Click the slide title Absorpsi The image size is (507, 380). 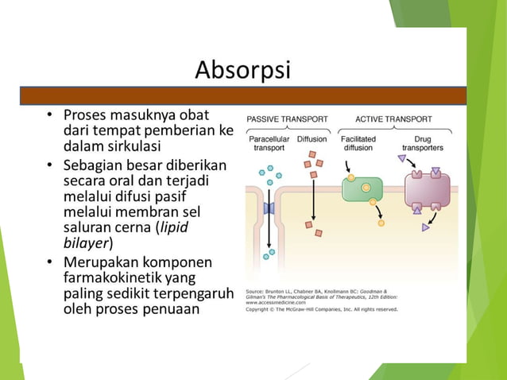pos(243,72)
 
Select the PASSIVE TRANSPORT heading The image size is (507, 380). pos(287,119)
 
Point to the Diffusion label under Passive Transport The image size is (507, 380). pos(312,138)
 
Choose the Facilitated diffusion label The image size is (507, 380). pos(358,143)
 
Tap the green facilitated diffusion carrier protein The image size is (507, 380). pos(362,189)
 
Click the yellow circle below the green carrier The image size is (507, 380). pos(381,223)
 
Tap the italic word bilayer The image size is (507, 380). pos(85,242)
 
